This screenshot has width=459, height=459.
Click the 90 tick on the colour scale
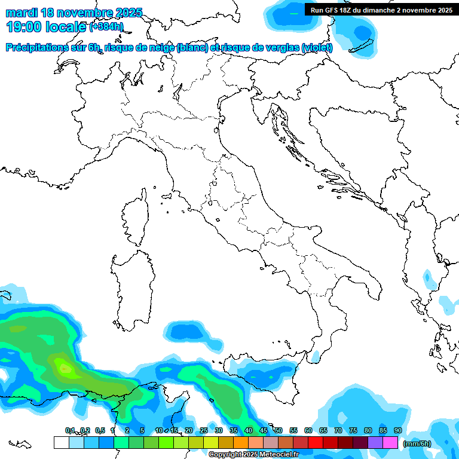pos(397,430)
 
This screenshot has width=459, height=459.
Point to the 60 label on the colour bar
pos(308,430)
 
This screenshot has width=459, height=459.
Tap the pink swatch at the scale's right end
pos(390,442)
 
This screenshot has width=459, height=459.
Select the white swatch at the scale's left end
pos(61,442)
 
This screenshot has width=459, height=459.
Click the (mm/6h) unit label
pos(417,443)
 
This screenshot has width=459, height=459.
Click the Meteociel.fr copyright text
pos(253,455)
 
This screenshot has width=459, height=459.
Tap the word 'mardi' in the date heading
pos(21,13)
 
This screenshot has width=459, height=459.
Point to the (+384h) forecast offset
pos(106,27)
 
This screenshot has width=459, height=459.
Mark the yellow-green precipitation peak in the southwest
pos(65,366)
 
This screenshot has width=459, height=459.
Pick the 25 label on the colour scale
pos(203,430)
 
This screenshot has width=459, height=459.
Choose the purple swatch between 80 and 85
pos(375,442)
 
